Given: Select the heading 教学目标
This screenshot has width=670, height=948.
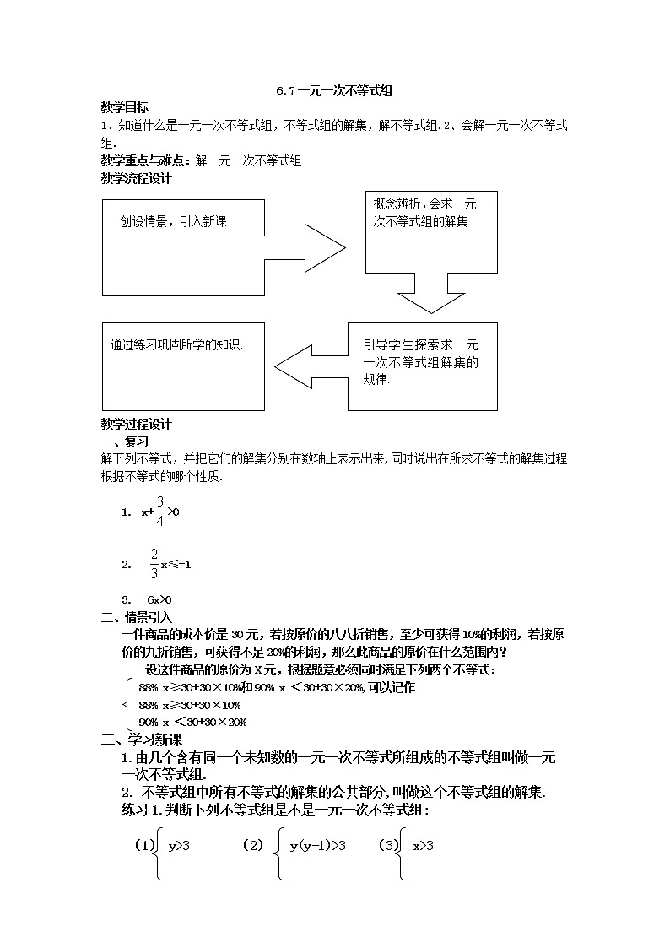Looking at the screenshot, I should [125, 107].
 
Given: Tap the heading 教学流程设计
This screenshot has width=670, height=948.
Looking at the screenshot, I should [136, 178].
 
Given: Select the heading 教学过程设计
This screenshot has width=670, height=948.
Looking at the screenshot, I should [136, 425].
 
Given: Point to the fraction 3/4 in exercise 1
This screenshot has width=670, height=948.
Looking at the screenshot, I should [159, 511].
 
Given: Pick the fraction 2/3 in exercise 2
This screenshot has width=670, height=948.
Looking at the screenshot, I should [154, 563].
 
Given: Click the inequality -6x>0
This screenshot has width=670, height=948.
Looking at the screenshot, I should [144, 599].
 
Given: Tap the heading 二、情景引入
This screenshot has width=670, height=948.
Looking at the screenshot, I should [136, 618].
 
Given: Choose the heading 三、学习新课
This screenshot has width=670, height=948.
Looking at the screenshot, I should [136, 740].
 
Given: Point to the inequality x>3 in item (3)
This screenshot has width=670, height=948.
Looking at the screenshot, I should [423, 844].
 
